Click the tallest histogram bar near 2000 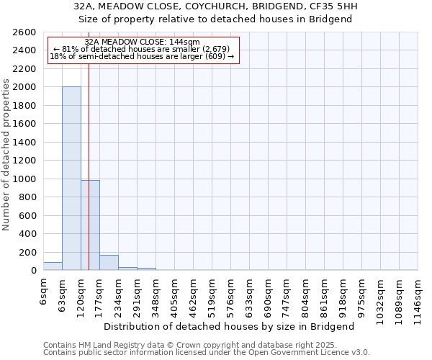click(x=71, y=179)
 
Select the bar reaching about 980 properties click(x=90, y=225)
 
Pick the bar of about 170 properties click(x=109, y=263)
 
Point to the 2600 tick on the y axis click(x=25, y=32)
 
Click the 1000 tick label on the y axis click(x=25, y=179)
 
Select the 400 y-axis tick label click(x=28, y=234)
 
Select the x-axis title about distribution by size click(x=234, y=326)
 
